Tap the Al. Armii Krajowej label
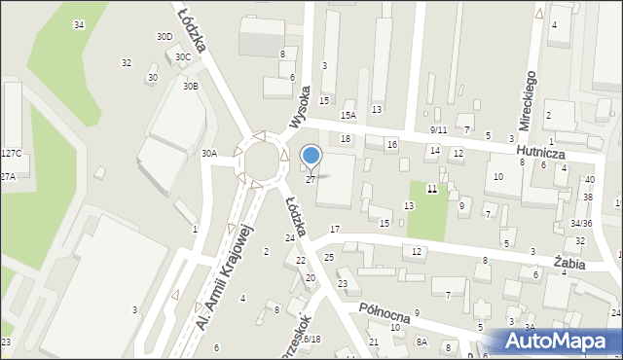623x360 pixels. [x=225, y=276]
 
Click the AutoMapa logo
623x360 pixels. [x=559, y=342]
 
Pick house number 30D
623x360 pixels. [x=165, y=37]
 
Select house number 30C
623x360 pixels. [x=182, y=57]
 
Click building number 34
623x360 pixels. [x=78, y=24]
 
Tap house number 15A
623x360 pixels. [x=348, y=116]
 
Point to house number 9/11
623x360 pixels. [x=438, y=129]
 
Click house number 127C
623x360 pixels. [x=11, y=154]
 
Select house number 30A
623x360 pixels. [x=208, y=153]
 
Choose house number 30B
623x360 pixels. [x=190, y=87]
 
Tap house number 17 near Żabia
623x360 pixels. [x=335, y=230]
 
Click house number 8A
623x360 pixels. [x=421, y=342]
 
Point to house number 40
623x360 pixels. [x=589, y=180]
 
